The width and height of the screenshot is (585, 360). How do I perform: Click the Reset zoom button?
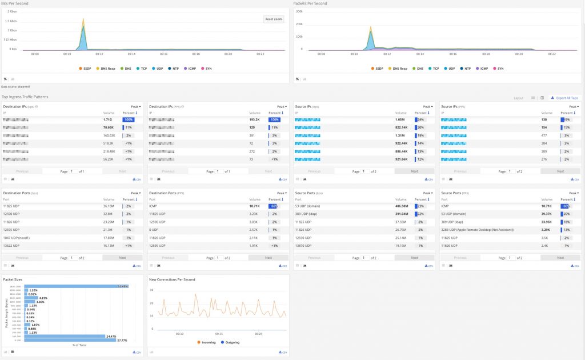(x=274, y=19)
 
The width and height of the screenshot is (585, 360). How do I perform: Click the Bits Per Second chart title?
(x=15, y=3)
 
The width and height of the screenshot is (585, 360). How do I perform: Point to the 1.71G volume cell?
(x=108, y=119)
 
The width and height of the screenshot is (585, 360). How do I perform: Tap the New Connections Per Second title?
(x=172, y=279)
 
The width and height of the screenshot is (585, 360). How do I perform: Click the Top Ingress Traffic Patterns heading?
(x=25, y=97)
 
